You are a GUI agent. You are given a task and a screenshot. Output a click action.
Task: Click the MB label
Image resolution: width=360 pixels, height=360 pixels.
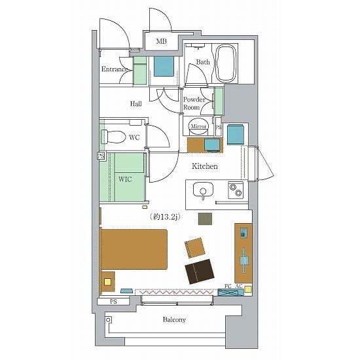point(161,41)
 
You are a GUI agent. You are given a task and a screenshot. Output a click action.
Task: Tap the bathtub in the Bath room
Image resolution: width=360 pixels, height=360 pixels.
point(226,63)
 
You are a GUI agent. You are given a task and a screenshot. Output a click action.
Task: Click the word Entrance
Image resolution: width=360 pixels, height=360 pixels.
point(114,69)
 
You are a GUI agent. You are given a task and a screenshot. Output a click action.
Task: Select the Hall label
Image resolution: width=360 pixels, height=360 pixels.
point(135,104)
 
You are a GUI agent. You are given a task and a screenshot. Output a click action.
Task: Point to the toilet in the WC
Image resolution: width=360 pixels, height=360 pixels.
point(113,137)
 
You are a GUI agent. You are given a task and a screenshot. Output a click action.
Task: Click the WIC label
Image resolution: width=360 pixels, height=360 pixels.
point(125,179)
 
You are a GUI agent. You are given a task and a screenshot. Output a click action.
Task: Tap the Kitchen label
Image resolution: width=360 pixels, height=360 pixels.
point(205,166)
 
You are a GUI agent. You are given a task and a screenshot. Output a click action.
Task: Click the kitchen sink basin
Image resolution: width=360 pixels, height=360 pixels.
point(203,190)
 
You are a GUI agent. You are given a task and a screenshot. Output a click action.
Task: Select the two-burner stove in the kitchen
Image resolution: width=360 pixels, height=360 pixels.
point(236,190)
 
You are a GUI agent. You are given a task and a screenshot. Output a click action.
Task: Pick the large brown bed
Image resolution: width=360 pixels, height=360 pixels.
point(134,249)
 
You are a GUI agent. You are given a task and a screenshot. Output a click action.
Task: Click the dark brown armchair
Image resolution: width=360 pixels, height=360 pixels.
point(200,272)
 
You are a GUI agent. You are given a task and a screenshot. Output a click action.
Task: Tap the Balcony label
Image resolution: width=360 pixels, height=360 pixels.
point(174,319)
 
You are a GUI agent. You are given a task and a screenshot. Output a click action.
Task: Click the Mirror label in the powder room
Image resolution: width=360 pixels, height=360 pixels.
point(198,126)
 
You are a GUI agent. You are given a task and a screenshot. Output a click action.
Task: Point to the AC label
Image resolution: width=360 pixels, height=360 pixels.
point(239,286)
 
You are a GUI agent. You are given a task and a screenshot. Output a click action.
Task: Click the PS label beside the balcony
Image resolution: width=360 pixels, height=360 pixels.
point(113,301)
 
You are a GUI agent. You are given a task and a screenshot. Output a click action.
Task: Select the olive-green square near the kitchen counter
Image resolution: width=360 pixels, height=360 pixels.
point(205,219)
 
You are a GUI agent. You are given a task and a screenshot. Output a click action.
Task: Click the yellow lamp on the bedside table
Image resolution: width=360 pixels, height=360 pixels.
point(107,281)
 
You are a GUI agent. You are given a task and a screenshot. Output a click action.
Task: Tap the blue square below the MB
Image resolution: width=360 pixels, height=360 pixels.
point(164,66)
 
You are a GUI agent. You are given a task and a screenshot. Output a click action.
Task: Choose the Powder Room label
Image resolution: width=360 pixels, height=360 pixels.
point(194,103)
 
